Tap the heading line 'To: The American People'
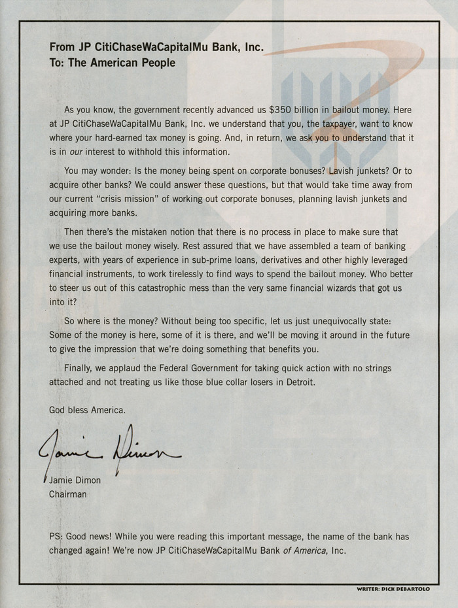(x=113, y=63)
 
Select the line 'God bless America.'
(x=87, y=410)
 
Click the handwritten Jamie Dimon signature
(x=111, y=448)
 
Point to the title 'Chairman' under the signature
(x=68, y=494)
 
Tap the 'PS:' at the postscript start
(x=57, y=536)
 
